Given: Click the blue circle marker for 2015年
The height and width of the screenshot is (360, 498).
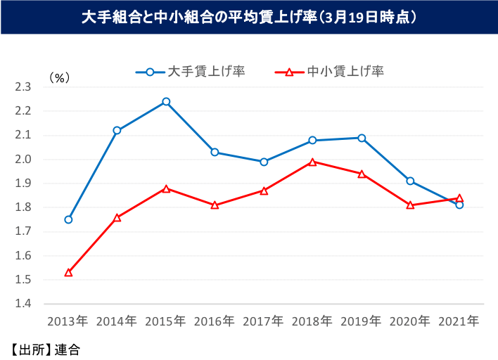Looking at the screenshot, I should pyautogui.click(x=166, y=101).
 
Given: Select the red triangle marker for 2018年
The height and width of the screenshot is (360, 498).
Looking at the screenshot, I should pyautogui.click(x=312, y=162).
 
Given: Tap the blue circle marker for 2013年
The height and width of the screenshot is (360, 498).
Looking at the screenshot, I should pyautogui.click(x=68, y=219).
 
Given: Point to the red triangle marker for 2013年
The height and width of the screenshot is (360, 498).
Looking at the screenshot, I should pyautogui.click(x=68, y=272).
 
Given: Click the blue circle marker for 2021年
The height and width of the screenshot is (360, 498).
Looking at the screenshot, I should pyautogui.click(x=459, y=205).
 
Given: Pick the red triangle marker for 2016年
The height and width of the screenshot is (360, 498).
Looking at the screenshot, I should pyautogui.click(x=215, y=205).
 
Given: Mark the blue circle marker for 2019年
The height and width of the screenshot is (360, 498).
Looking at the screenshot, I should pyautogui.click(x=362, y=138).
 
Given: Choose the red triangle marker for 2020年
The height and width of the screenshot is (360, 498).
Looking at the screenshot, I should pyautogui.click(x=410, y=205).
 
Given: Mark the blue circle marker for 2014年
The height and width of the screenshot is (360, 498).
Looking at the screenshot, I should pyautogui.click(x=117, y=130).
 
